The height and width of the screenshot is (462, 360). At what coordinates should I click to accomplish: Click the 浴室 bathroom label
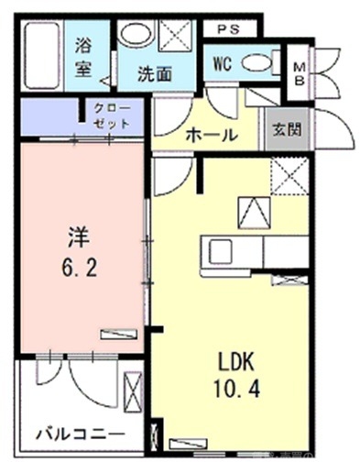[85, 54]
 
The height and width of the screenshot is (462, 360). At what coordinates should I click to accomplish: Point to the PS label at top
[229, 27]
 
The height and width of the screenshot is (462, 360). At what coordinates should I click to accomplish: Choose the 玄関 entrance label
[284, 130]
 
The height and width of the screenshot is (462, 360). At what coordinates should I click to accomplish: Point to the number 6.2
[78, 270]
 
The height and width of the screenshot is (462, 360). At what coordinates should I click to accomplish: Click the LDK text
[235, 357]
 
